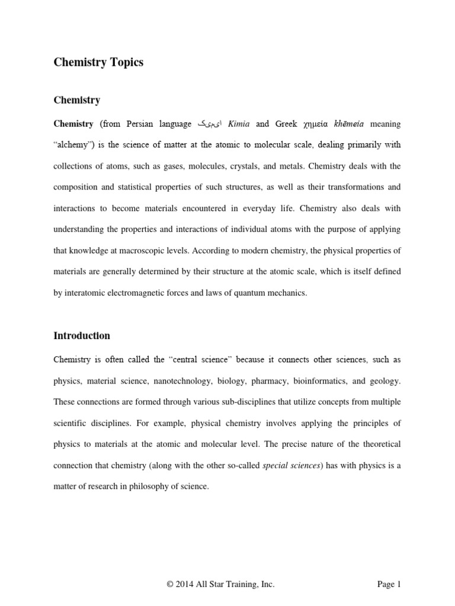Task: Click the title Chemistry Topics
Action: coord(98,62)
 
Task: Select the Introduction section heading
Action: coord(82,336)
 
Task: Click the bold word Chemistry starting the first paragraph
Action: coord(73,124)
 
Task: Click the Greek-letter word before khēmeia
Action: coord(316,124)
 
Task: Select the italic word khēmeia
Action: coord(350,124)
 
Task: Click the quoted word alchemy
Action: coord(76,145)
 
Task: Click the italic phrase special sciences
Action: coord(291,465)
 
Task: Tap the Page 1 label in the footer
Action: coord(389,584)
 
